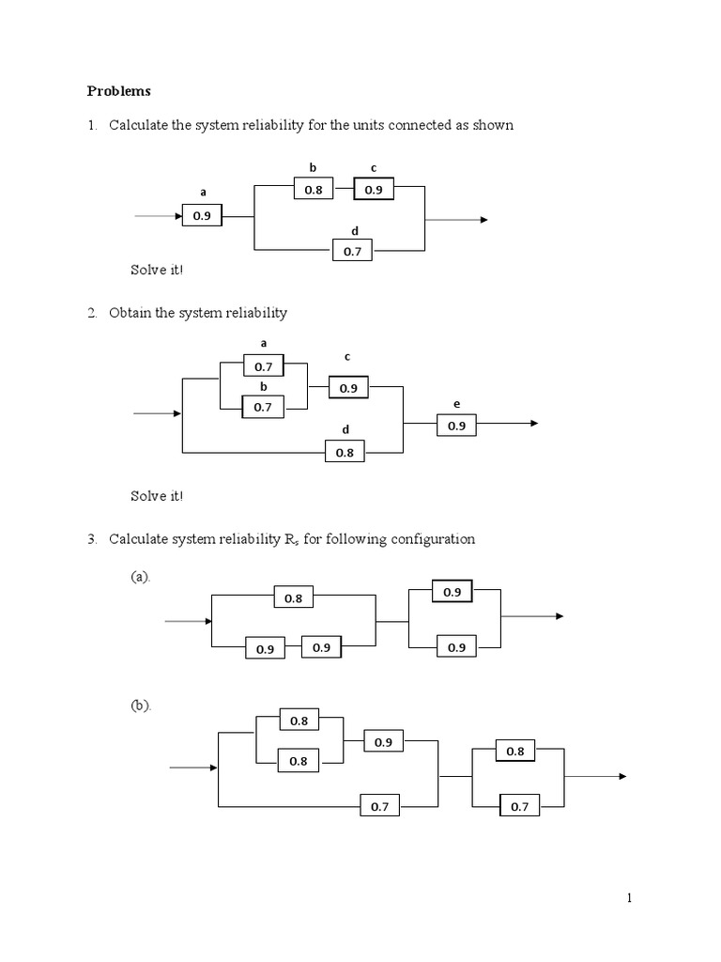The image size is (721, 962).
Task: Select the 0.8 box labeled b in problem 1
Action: tap(313, 190)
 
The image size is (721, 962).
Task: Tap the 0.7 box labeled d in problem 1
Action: tap(352, 251)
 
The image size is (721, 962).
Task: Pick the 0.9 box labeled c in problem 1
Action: tap(374, 190)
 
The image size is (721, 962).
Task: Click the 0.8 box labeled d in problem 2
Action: tap(345, 452)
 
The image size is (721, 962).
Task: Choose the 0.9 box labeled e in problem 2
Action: tap(456, 426)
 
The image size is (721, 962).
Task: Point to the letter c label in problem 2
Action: tap(347, 357)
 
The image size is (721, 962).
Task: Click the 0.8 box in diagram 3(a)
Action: tap(293, 597)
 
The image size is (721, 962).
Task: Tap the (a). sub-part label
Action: tap(141, 577)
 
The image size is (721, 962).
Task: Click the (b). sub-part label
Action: tap(141, 706)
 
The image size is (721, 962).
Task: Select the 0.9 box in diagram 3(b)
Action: tap(383, 742)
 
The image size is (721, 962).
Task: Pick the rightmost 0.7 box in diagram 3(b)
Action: tap(519, 806)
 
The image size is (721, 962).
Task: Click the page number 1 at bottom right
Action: tap(630, 899)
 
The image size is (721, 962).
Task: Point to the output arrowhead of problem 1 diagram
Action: tap(483, 220)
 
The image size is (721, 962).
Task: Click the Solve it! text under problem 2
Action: tap(158, 495)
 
